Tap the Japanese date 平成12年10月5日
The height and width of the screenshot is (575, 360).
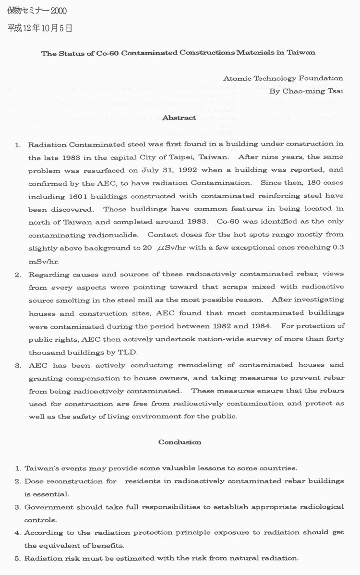click(x=39, y=29)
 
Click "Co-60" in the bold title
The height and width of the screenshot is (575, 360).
click(x=106, y=53)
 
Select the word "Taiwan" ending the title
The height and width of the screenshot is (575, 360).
click(x=302, y=53)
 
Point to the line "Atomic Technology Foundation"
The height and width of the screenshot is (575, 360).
click(x=283, y=78)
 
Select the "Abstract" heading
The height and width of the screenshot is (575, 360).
click(x=179, y=118)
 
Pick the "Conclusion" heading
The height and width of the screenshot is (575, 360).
click(x=180, y=442)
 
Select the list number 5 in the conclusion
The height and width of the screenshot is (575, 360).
click(x=17, y=559)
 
